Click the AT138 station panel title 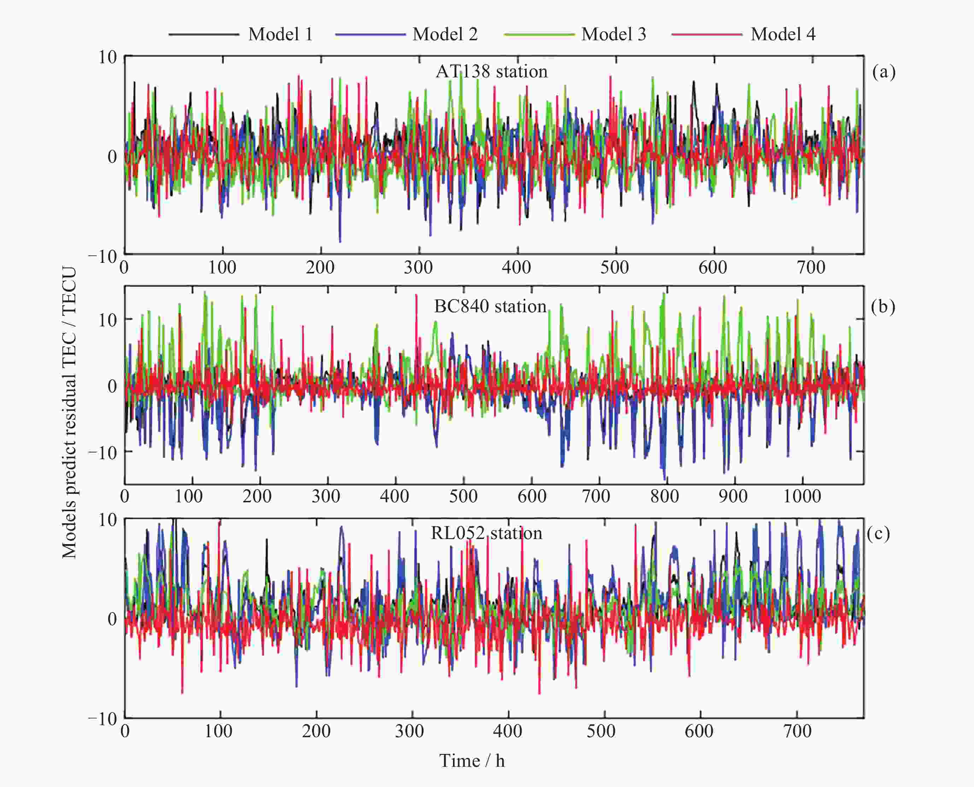click(492, 72)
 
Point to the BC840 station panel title click(490, 307)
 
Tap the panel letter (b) click(883, 307)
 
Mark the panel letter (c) click(878, 534)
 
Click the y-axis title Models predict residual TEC click(69, 412)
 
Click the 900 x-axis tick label click(733, 496)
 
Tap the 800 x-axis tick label click(664, 496)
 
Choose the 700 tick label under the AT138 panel click(811, 267)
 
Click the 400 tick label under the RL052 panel click(507, 731)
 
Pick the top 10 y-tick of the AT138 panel click(108, 58)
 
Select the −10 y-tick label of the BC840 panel click(102, 452)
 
